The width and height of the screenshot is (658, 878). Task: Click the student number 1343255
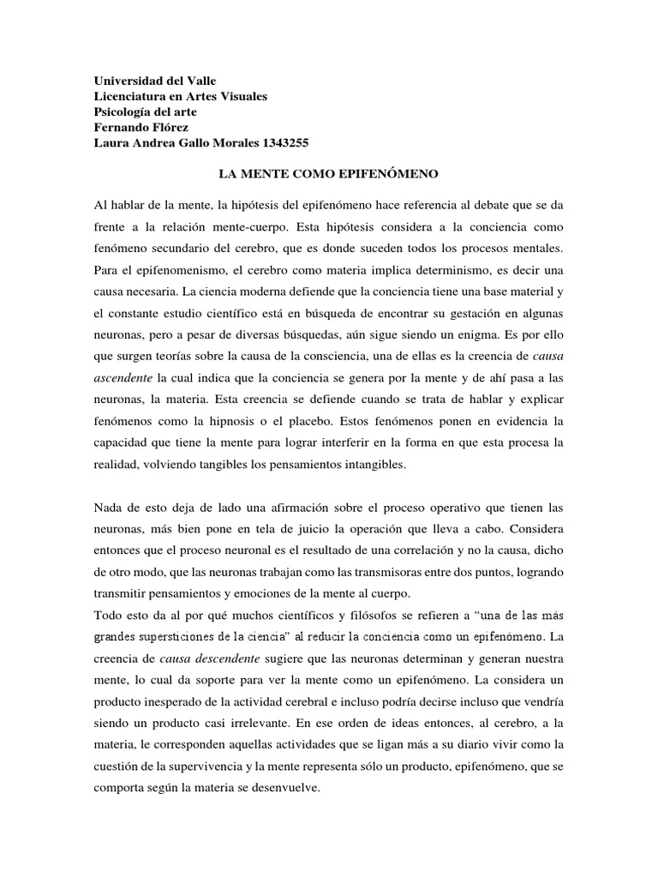pyautogui.click(x=294, y=143)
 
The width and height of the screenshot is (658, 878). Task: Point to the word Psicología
pyautogui.click(x=123, y=112)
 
